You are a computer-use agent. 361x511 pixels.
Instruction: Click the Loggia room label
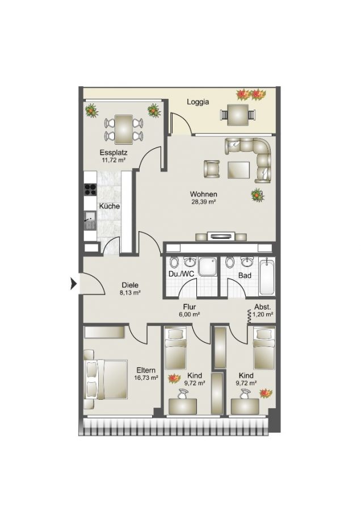[x=198, y=102]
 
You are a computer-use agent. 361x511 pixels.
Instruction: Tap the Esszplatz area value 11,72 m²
[x=114, y=160]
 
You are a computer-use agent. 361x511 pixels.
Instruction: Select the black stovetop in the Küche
[x=90, y=189]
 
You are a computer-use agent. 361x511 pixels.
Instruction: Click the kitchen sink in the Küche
[x=90, y=220]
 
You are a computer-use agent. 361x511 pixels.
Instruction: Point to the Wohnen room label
[x=204, y=194]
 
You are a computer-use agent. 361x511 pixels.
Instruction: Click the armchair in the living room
[x=212, y=169]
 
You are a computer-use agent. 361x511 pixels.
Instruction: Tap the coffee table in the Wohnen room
[x=239, y=170]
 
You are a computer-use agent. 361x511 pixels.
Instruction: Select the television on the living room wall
[x=221, y=236]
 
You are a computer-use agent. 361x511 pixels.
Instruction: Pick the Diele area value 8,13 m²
[x=130, y=292]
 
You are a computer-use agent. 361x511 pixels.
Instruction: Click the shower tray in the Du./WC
[x=208, y=267]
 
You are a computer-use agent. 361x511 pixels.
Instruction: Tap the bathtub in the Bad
[x=267, y=276]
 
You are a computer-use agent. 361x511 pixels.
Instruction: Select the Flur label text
[x=189, y=307]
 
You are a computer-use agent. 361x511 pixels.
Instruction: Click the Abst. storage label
[x=262, y=307]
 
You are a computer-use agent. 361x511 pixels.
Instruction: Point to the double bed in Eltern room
[x=106, y=379]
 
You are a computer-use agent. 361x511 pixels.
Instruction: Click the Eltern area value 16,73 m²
[x=146, y=378]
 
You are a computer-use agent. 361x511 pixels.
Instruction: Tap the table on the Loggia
[x=238, y=114]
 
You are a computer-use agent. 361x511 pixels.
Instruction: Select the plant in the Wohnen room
[x=257, y=195]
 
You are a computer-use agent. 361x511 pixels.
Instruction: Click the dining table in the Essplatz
[x=124, y=129]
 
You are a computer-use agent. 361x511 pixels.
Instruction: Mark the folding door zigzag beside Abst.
[x=249, y=316]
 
